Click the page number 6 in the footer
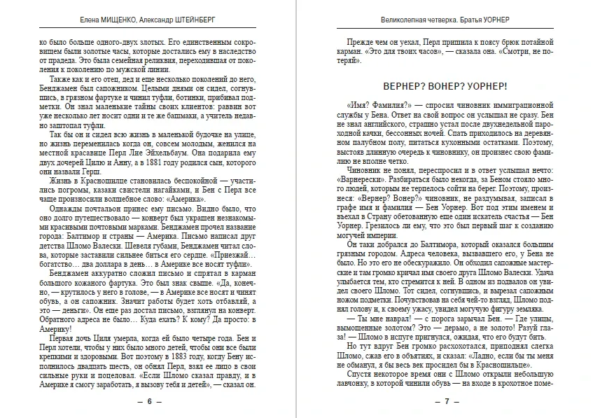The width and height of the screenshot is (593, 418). point(148,402)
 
